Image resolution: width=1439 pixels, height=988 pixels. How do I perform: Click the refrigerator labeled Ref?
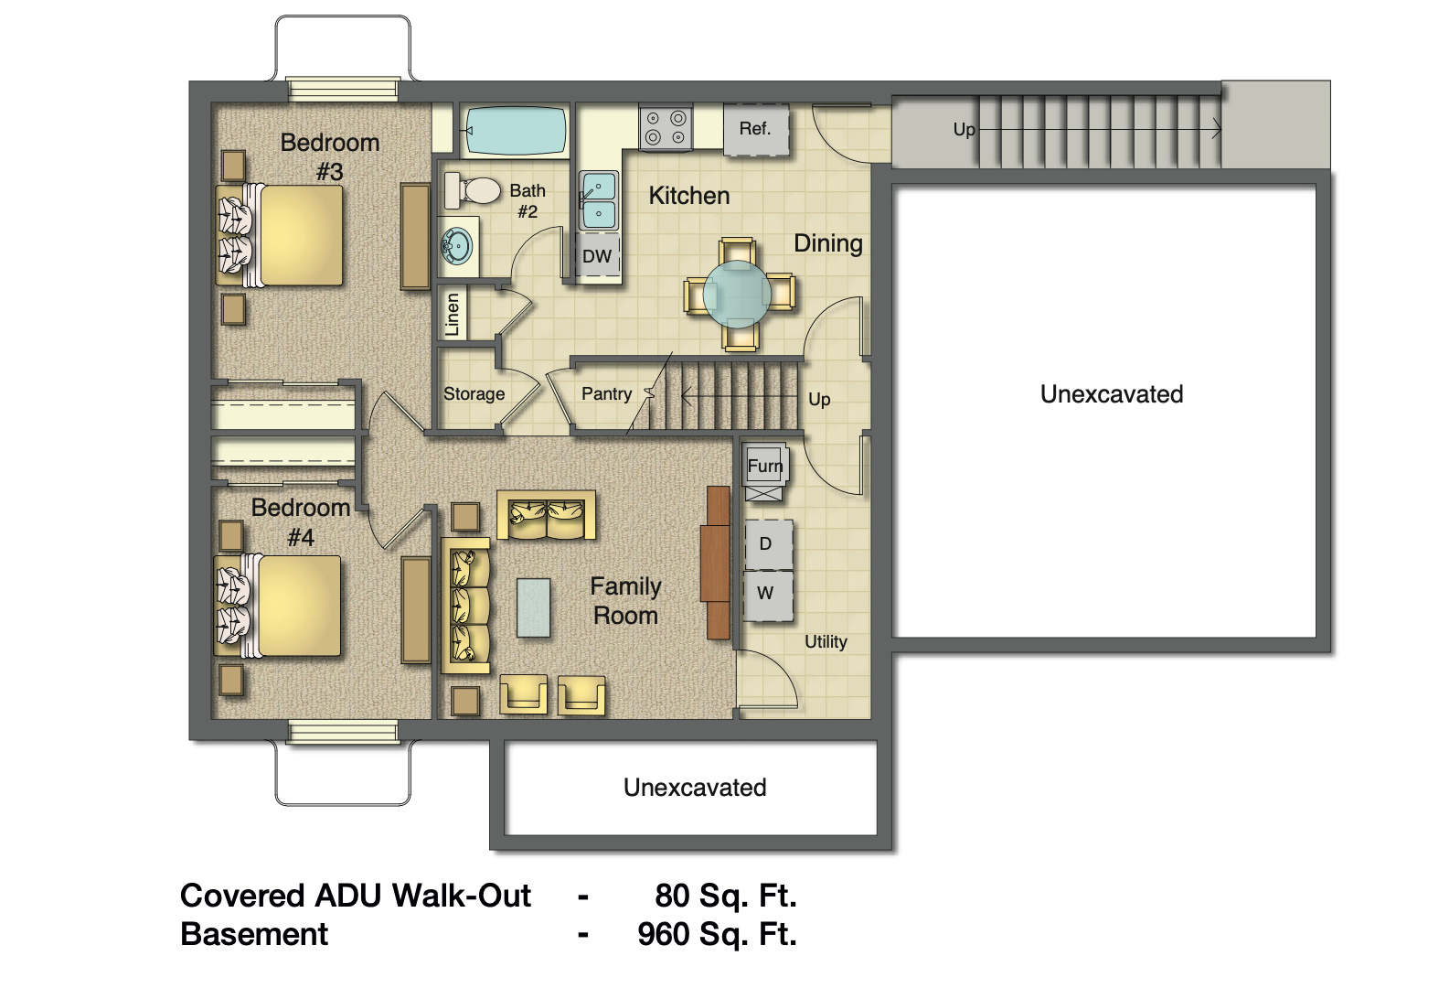tap(755, 129)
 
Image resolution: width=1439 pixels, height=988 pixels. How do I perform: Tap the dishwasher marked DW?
tap(598, 256)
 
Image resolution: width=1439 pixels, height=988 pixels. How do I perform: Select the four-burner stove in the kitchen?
tap(666, 128)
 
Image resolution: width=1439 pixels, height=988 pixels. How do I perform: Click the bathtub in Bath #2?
tap(516, 131)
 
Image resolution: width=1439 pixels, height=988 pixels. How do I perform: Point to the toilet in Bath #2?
tap(474, 190)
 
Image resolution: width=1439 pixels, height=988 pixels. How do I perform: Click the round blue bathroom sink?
tap(457, 246)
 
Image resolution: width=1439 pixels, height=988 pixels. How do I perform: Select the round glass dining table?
tap(738, 295)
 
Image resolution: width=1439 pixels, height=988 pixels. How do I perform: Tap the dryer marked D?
tap(766, 543)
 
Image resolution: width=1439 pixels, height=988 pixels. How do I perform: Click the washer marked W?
tap(766, 593)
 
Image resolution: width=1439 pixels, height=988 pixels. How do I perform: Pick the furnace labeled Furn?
tap(764, 466)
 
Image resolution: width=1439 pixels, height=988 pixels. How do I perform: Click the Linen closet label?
tap(453, 315)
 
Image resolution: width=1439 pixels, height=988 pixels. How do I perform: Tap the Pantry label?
tap(606, 393)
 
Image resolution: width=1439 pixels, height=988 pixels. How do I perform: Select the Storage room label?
tap(474, 394)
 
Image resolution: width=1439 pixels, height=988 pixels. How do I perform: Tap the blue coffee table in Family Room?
tap(534, 607)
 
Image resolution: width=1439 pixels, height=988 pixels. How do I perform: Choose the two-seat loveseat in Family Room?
tap(546, 517)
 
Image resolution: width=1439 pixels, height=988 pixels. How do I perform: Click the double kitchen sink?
tap(599, 200)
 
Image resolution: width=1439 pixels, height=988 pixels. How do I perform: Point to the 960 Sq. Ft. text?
tap(717, 934)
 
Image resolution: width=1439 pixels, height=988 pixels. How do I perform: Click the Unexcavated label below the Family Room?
tap(695, 788)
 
